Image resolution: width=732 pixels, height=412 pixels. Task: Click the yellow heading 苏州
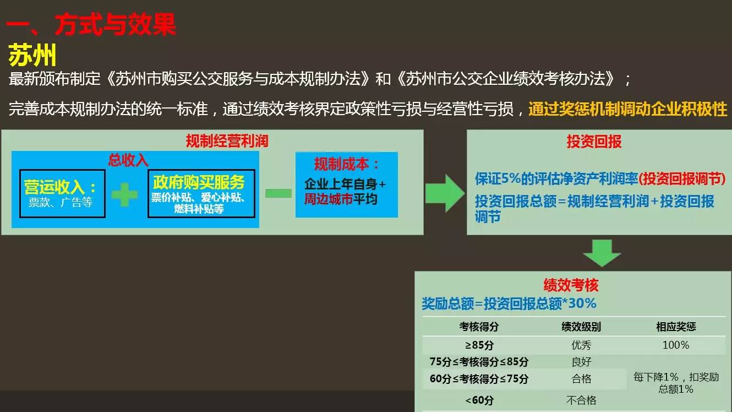tap(32, 55)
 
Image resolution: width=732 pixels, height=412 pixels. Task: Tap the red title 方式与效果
tap(116, 25)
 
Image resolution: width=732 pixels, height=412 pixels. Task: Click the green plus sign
tap(124, 194)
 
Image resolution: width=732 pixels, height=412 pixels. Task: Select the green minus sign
tap(278, 193)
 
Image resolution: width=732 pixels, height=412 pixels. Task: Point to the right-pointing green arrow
tap(445, 193)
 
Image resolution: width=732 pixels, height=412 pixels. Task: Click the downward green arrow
tap(602, 253)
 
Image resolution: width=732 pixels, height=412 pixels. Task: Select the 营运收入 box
tap(62, 193)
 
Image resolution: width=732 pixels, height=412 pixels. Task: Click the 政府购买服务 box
tap(201, 193)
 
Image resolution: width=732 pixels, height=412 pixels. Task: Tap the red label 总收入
tap(128, 160)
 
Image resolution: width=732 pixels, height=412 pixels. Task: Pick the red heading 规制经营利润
tap(227, 141)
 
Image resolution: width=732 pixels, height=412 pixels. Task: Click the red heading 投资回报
tap(594, 142)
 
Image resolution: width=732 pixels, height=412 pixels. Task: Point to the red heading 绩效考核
tap(571, 285)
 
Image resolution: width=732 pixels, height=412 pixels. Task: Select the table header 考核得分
tap(479, 327)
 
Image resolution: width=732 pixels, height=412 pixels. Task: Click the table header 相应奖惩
tap(676, 327)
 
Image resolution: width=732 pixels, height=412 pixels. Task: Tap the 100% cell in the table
tap(676, 345)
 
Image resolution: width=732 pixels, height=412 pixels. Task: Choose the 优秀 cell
tap(581, 345)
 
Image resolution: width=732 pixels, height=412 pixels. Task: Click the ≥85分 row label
tap(479, 345)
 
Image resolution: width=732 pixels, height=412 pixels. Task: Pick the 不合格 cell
tap(581, 400)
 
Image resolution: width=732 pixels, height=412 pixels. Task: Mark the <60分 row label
tap(479, 400)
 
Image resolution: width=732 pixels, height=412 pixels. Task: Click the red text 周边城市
tap(329, 199)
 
